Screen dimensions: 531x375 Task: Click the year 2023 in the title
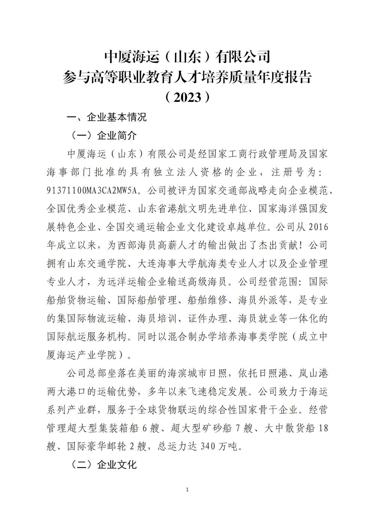tap(187, 98)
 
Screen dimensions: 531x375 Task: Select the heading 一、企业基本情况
tap(106, 117)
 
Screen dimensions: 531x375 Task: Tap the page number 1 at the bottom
tap(187, 490)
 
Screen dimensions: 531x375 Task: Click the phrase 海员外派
tap(258, 300)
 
